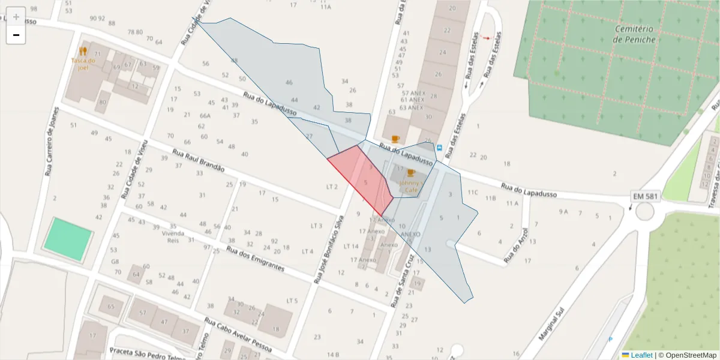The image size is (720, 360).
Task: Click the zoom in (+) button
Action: (16, 17)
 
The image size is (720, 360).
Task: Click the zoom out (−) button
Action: (16, 35)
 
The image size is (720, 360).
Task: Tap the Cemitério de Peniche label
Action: (635, 34)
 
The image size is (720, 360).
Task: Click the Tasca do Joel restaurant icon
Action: (83, 52)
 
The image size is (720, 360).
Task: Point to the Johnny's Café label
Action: (411, 185)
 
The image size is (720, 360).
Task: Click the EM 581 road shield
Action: (646, 197)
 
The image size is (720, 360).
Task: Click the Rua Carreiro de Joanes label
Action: (52, 142)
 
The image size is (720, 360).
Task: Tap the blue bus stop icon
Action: (439, 148)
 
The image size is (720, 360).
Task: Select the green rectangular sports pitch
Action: (68, 238)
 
